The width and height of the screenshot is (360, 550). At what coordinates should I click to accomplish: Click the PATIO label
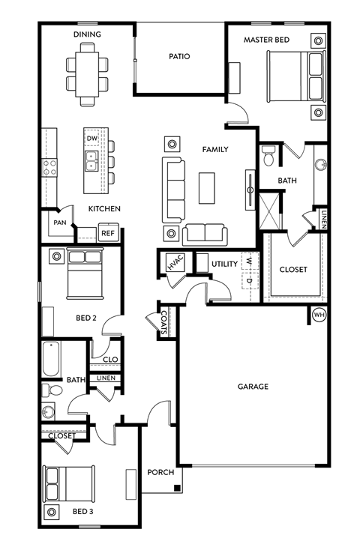[x=179, y=56]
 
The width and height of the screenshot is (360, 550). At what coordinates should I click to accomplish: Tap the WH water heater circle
[x=319, y=314]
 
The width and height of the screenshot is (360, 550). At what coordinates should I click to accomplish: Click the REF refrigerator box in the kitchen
[x=108, y=233]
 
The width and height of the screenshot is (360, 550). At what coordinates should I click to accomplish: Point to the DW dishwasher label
[x=92, y=139]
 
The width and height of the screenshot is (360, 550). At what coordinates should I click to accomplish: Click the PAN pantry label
[x=59, y=223]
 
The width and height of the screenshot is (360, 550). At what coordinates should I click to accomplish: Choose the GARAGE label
[x=253, y=387]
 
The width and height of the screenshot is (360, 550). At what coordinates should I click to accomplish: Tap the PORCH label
[x=161, y=472]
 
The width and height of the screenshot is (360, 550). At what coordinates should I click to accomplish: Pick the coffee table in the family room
[x=206, y=187]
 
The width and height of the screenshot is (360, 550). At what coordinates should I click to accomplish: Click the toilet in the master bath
[x=268, y=155]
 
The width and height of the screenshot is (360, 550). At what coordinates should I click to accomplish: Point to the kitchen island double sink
[x=91, y=160]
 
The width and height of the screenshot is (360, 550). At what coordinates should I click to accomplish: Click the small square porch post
[x=177, y=489]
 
